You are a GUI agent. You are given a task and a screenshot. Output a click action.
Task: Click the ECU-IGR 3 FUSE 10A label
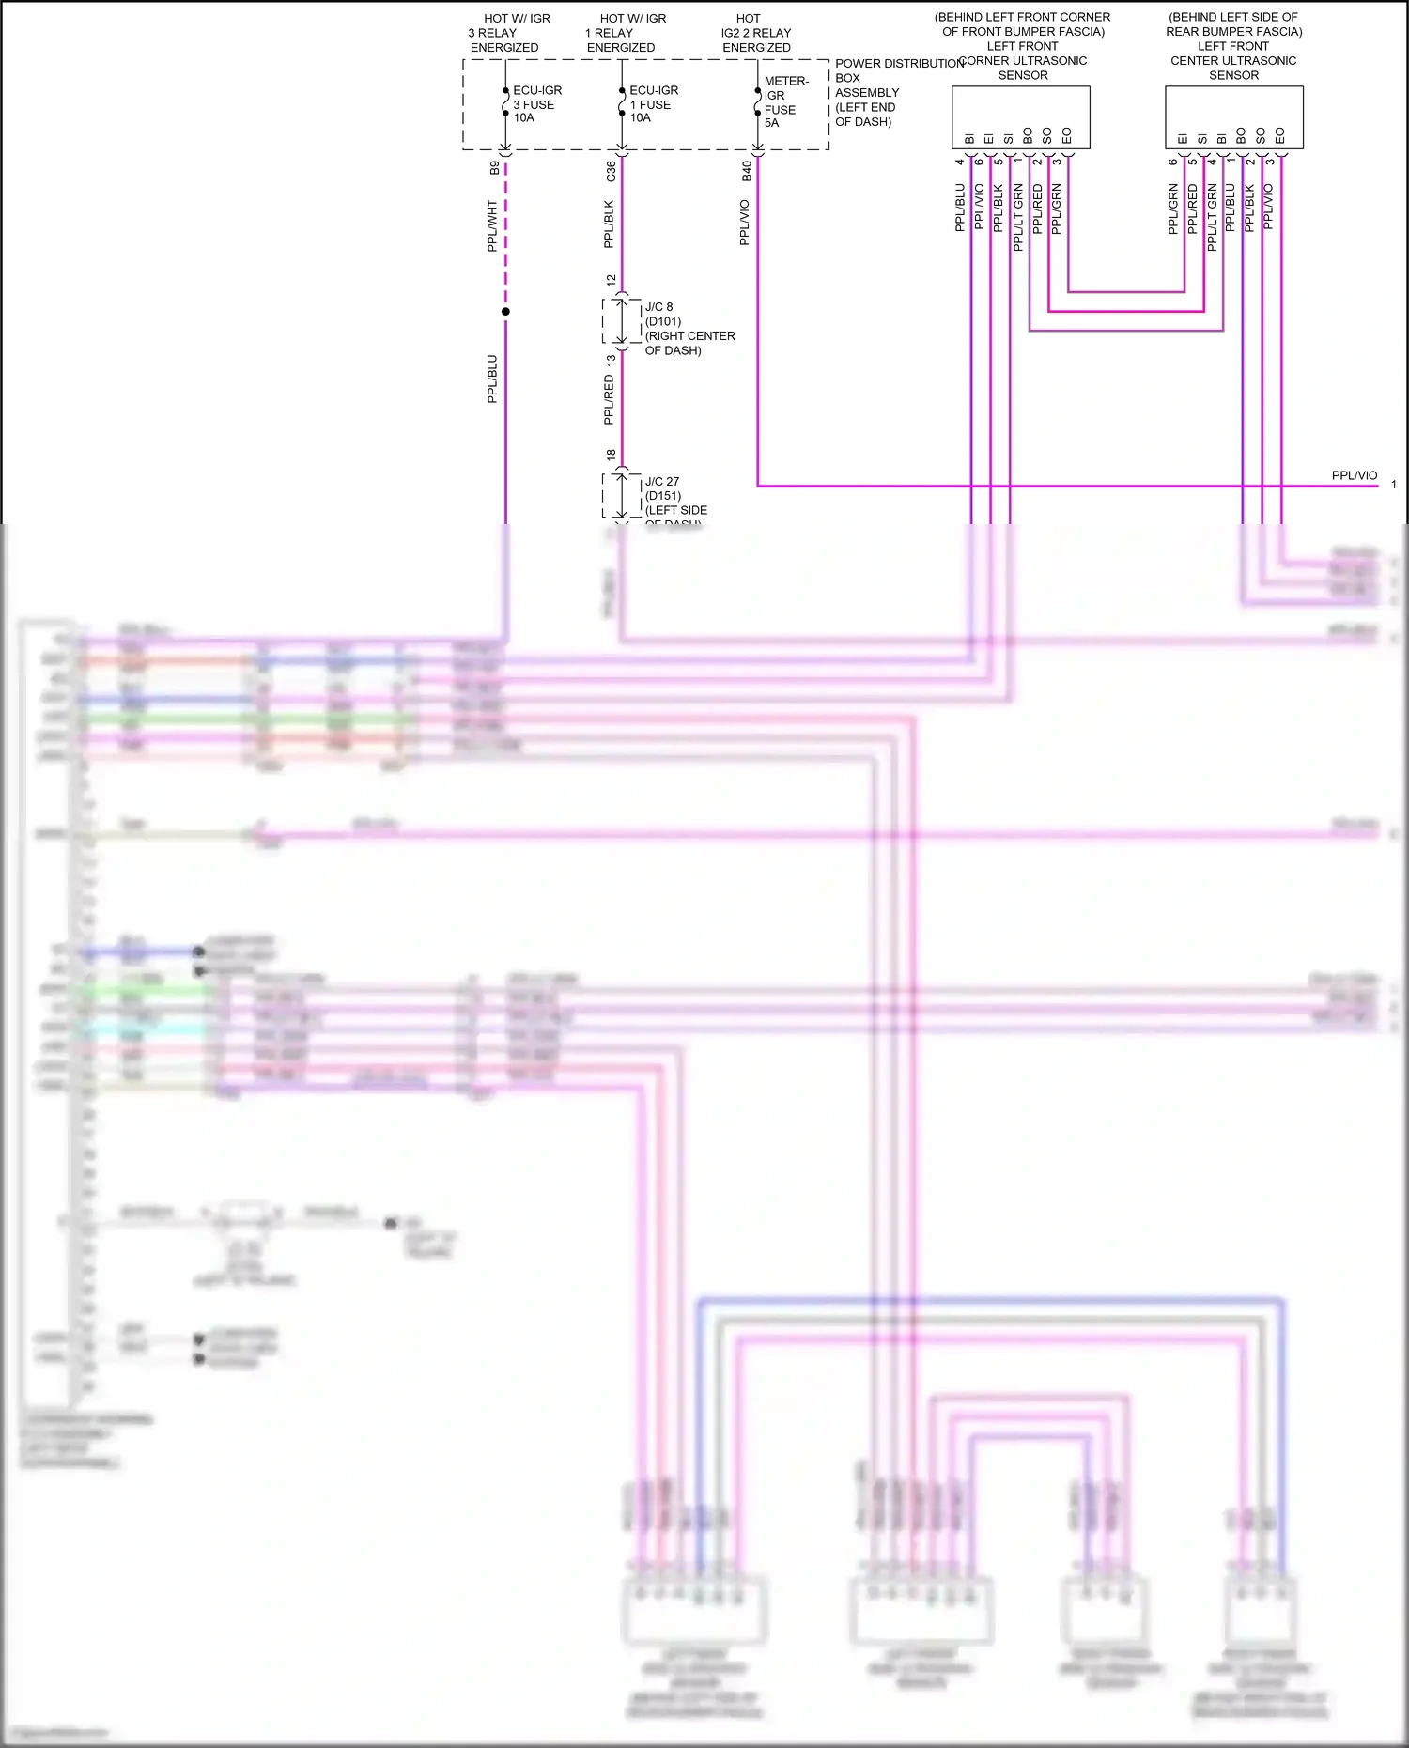click(x=536, y=104)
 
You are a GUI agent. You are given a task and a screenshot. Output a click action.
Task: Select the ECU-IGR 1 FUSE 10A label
click(x=653, y=104)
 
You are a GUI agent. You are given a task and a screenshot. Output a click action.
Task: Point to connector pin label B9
click(x=495, y=168)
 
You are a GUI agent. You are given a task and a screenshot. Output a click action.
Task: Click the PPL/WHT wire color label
click(x=492, y=225)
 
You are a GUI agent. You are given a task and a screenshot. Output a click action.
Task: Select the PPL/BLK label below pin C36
click(x=609, y=224)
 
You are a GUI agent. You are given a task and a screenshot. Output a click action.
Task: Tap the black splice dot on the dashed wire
click(x=505, y=312)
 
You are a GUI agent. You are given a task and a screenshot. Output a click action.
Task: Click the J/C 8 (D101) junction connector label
click(x=689, y=329)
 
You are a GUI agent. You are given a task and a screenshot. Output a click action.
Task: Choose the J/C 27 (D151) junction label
click(x=675, y=496)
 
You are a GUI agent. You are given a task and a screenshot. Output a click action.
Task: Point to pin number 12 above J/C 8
click(x=611, y=281)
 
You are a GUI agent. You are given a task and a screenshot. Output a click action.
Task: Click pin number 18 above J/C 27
click(x=611, y=455)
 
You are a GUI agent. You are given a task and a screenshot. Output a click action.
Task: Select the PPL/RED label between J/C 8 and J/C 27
click(x=609, y=400)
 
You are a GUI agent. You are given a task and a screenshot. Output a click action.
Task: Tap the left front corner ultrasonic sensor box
click(x=1021, y=117)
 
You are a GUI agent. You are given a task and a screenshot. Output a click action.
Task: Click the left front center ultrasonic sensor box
click(x=1233, y=117)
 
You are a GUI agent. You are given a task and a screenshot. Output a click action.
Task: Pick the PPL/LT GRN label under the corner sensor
click(x=1018, y=218)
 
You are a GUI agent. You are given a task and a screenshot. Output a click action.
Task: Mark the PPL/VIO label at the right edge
click(x=1354, y=475)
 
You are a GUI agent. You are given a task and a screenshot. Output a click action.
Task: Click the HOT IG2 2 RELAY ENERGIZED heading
click(x=755, y=33)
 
